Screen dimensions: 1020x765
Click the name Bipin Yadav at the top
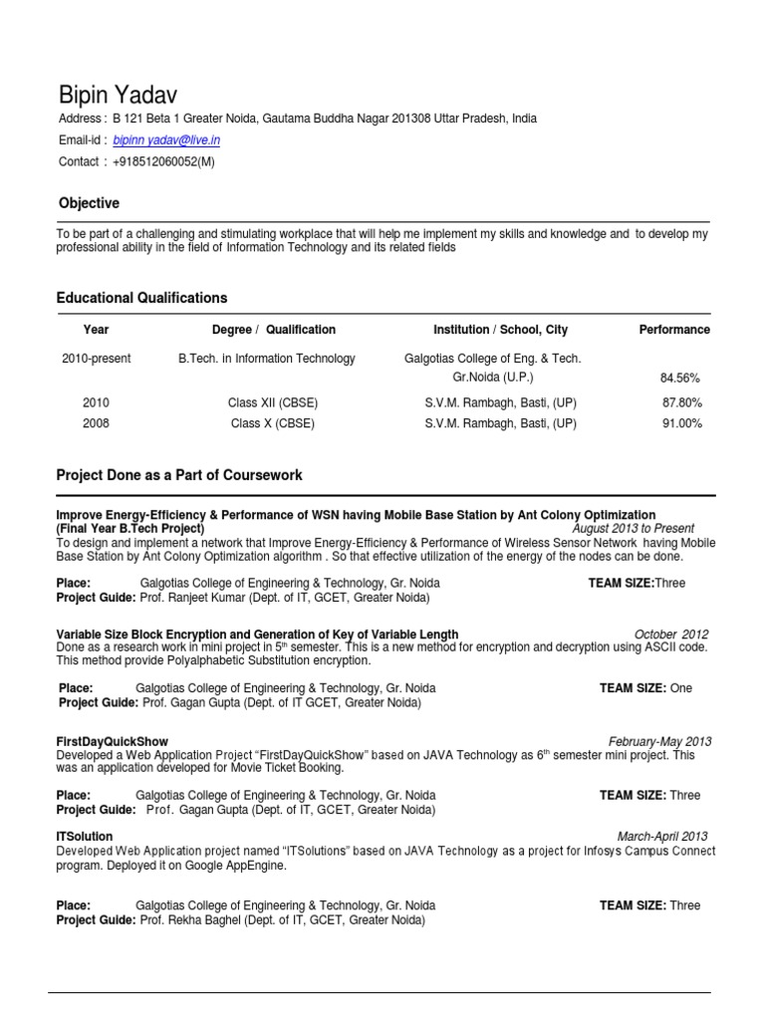tap(118, 96)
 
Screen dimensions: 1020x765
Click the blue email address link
tap(166, 141)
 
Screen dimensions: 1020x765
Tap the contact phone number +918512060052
tap(163, 161)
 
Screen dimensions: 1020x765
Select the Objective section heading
tap(89, 203)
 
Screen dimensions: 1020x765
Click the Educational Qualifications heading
tap(141, 298)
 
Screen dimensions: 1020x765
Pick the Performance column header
tap(674, 330)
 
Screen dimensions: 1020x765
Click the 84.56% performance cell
tap(680, 379)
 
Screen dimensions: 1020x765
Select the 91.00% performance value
tap(682, 423)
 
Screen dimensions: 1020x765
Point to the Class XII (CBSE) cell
tap(273, 403)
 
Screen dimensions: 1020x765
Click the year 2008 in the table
tap(97, 423)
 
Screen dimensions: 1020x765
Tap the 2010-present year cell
tap(97, 359)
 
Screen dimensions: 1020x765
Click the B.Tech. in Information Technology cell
tap(266, 359)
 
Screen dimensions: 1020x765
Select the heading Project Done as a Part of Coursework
tap(179, 475)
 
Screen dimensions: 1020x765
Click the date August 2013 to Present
tap(633, 528)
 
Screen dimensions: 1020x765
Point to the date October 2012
tap(671, 635)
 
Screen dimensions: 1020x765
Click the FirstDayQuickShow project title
tap(113, 742)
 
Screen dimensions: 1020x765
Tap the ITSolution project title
tap(85, 837)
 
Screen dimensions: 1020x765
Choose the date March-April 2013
tap(662, 837)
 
